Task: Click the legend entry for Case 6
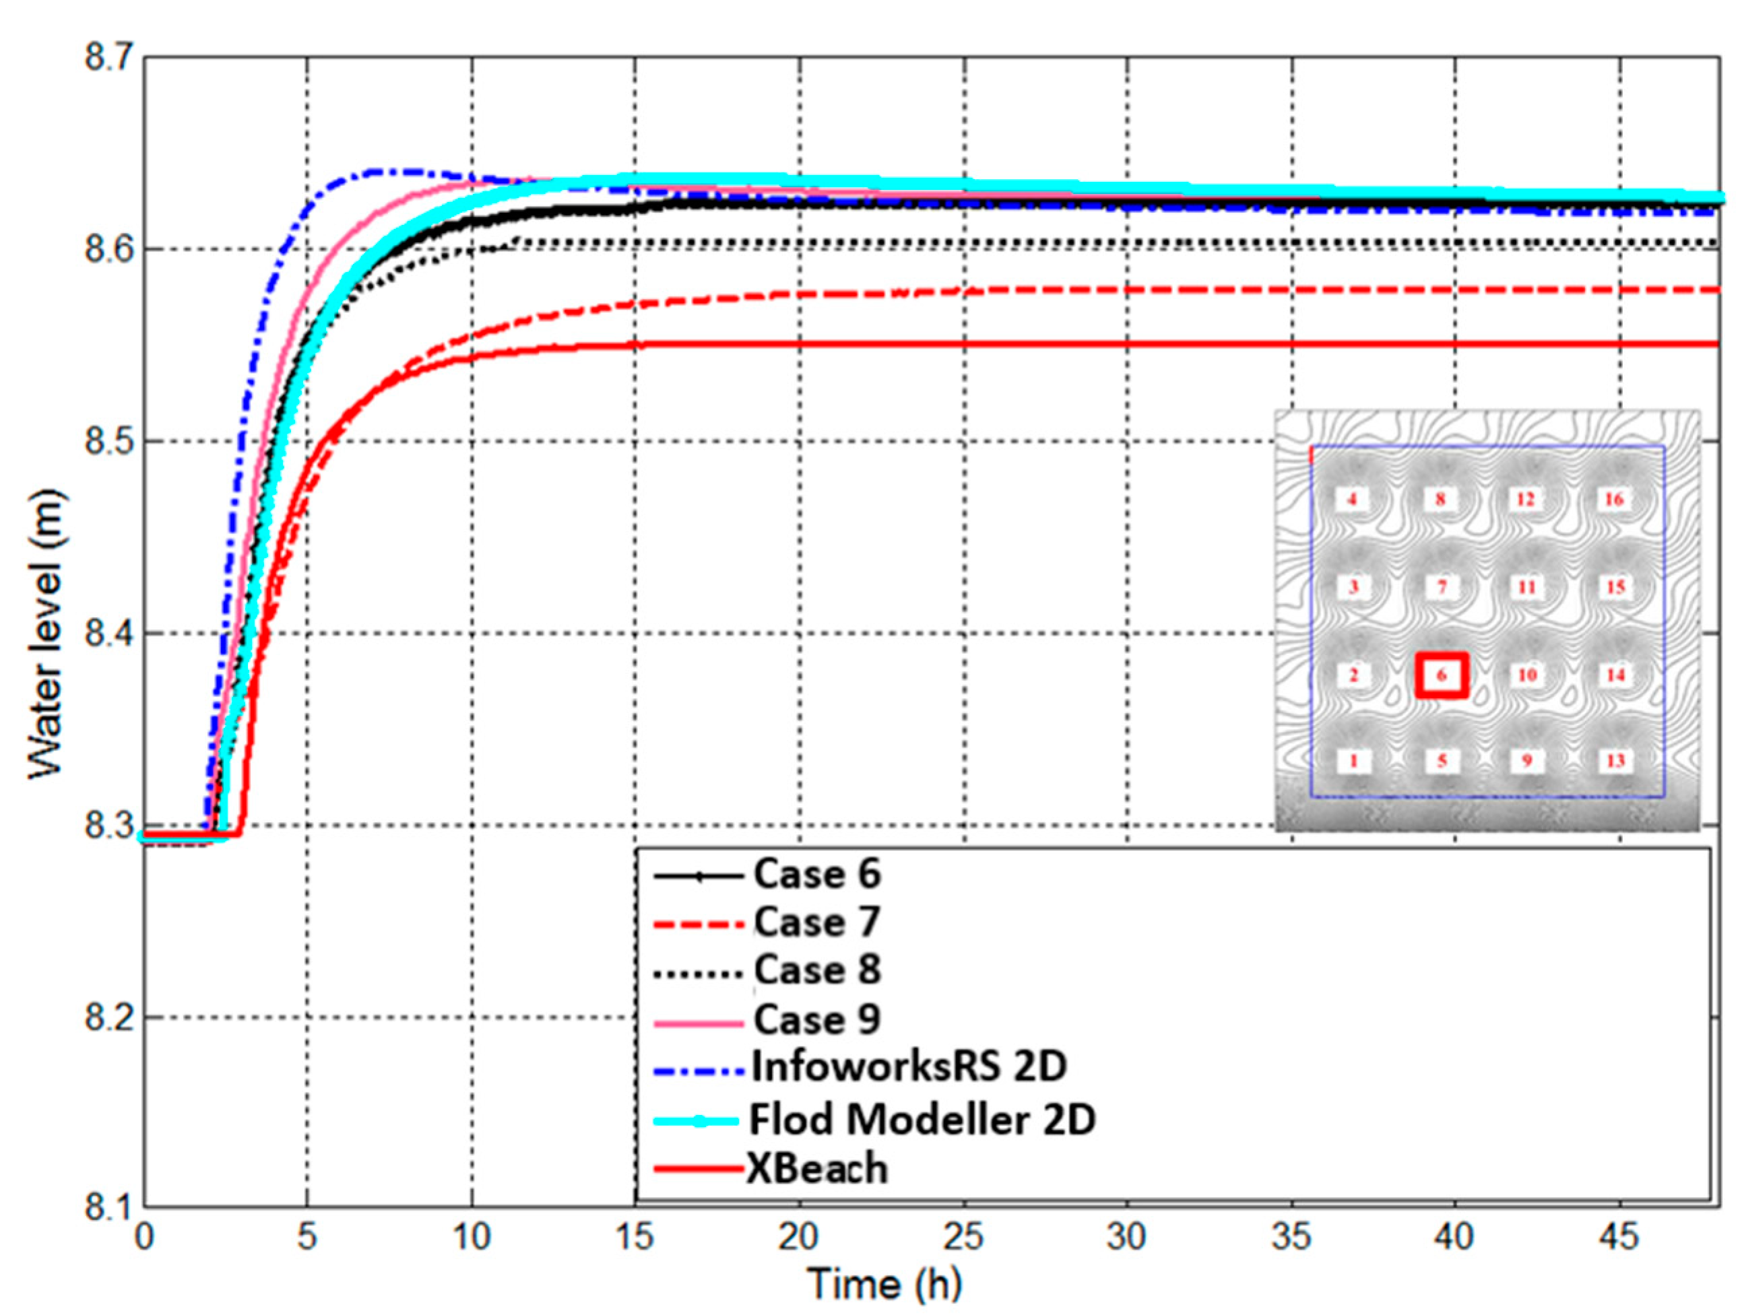pos(816,874)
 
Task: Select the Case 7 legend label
pos(816,922)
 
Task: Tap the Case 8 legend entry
pos(816,970)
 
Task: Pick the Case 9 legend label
pos(816,1019)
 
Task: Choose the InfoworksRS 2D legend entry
pos(909,1067)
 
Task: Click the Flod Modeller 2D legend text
pos(922,1119)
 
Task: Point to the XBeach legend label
pos(816,1169)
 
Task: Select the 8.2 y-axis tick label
pos(109,1017)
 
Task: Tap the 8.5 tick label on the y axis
pos(109,441)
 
